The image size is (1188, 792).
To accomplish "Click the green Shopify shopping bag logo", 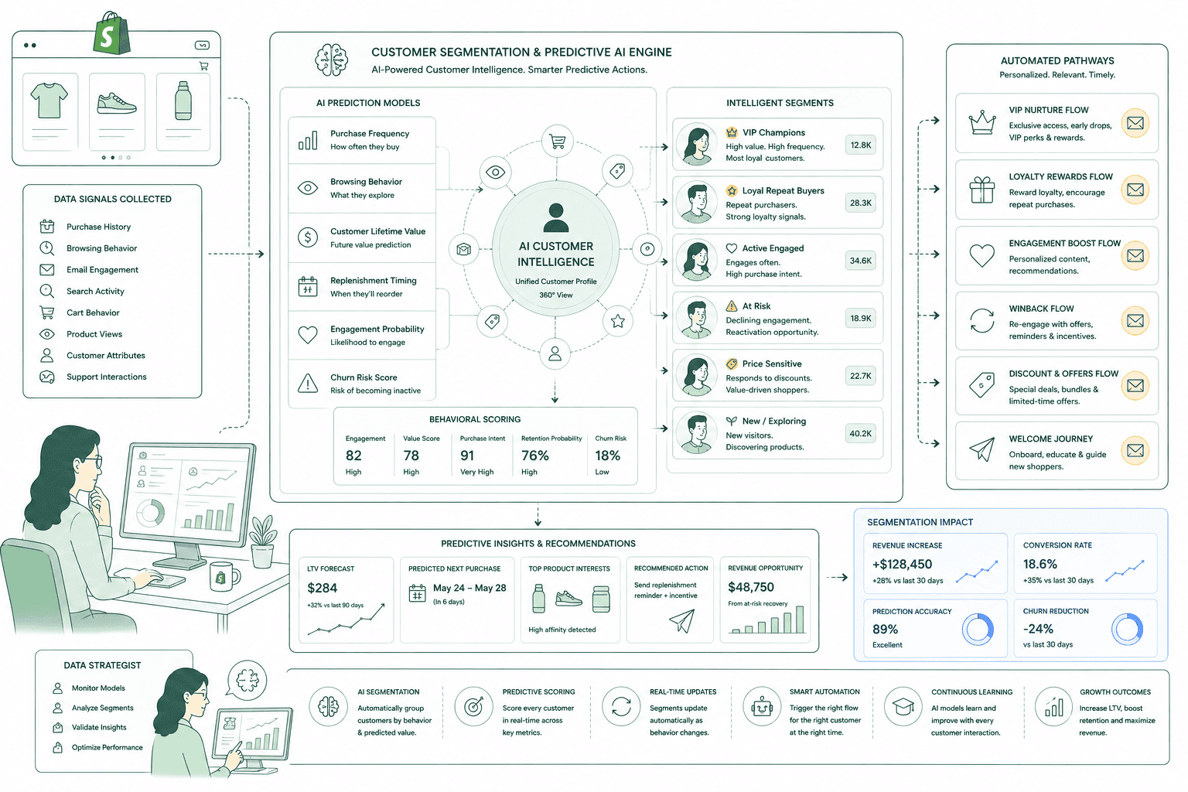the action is pyautogui.click(x=112, y=33).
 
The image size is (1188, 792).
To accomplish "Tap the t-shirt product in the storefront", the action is pyautogui.click(x=49, y=100).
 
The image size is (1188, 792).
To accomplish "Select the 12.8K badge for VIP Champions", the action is pyautogui.click(x=860, y=145).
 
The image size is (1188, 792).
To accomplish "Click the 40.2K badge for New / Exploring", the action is pyautogui.click(x=860, y=433).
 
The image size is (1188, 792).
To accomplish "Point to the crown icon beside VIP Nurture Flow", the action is pyautogui.click(x=981, y=123).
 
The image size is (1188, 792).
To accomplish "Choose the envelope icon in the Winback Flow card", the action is pyautogui.click(x=1135, y=320).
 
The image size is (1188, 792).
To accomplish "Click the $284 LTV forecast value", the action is pyautogui.click(x=322, y=588).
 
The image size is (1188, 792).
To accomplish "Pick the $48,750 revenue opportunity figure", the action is pyautogui.click(x=750, y=587).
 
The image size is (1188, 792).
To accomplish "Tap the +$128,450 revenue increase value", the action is pyautogui.click(x=902, y=564).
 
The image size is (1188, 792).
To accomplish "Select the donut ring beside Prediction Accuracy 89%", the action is pyautogui.click(x=977, y=629).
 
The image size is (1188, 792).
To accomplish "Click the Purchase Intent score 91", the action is pyautogui.click(x=466, y=455).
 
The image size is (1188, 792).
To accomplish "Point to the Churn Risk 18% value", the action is pyautogui.click(x=607, y=455).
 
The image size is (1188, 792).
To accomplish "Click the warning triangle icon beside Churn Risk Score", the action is pyautogui.click(x=308, y=383).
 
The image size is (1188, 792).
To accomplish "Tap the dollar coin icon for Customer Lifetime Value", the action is pyautogui.click(x=308, y=237).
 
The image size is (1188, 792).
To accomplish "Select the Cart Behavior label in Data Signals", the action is pyautogui.click(x=93, y=312).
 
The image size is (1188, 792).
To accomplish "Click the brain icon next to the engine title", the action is pyautogui.click(x=331, y=60).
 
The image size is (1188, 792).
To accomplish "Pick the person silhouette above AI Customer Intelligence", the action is pyautogui.click(x=556, y=217).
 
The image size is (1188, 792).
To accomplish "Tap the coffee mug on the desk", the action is pyautogui.click(x=224, y=576).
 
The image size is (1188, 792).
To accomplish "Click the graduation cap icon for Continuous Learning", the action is pyautogui.click(x=903, y=706).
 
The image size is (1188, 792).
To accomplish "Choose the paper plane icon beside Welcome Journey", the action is pyautogui.click(x=981, y=449).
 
